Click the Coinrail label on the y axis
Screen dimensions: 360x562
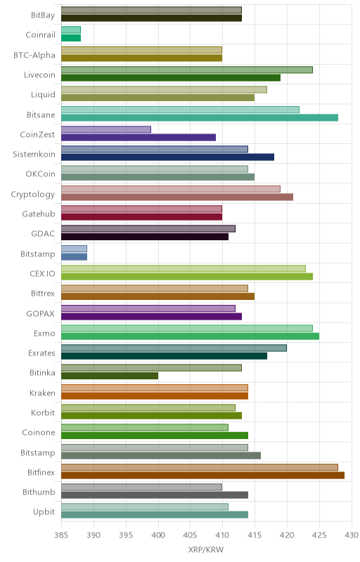point(40,34)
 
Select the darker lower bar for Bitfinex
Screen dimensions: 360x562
point(202,476)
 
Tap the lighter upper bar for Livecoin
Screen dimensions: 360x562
point(187,70)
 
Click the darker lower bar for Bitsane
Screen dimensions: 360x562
point(200,117)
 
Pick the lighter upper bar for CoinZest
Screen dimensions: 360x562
point(106,129)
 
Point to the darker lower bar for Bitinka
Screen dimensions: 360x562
point(110,376)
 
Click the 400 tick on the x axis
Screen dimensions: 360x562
point(158,535)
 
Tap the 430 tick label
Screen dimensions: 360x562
point(352,535)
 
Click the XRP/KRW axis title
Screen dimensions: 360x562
point(206,550)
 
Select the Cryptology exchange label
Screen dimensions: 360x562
point(33,195)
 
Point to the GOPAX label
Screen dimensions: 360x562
point(41,313)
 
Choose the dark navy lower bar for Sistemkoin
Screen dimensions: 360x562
point(167,157)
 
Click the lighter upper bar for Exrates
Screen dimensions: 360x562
point(174,348)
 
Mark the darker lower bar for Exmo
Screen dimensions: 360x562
point(190,336)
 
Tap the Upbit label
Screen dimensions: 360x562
point(44,512)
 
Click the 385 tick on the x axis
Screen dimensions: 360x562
point(61,535)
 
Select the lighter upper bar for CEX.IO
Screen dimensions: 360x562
point(184,268)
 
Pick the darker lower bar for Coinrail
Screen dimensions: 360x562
point(71,38)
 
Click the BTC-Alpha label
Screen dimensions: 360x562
point(34,55)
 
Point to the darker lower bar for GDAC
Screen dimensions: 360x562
point(145,237)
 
